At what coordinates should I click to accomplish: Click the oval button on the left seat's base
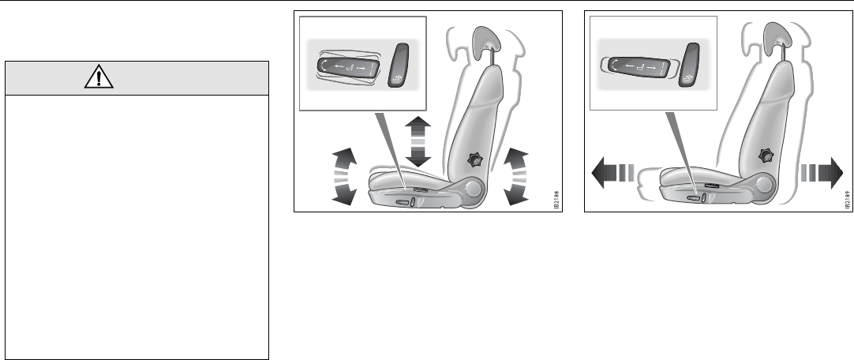(x=402, y=204)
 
